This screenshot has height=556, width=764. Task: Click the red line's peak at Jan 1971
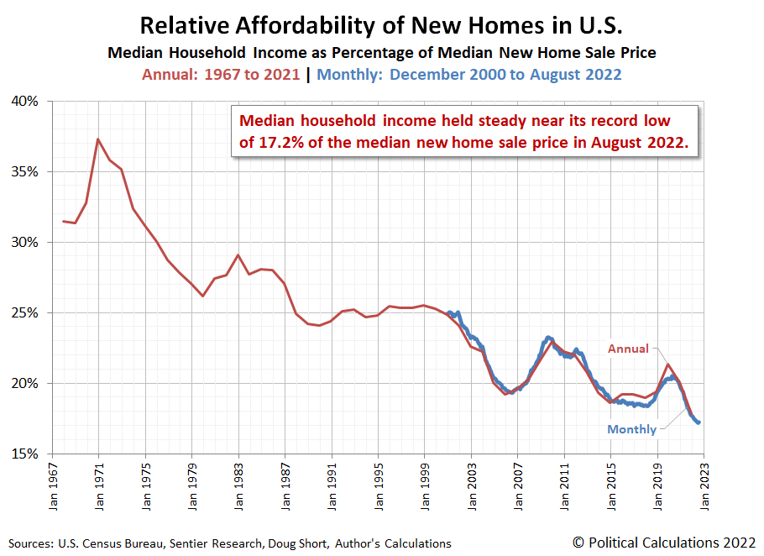[98, 139]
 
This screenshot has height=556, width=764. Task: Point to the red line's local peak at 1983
[238, 254]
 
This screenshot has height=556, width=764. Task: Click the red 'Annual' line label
[628, 349]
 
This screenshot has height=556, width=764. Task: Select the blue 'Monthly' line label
[632, 429]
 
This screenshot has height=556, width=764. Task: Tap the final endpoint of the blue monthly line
[699, 422]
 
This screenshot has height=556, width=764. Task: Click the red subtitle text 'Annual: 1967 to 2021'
[221, 74]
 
